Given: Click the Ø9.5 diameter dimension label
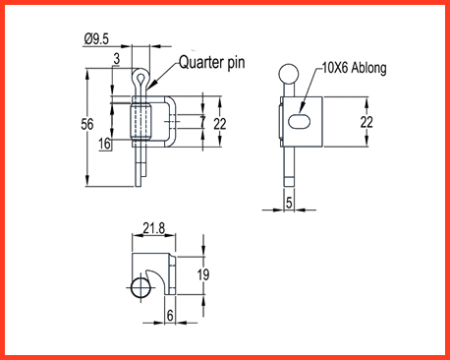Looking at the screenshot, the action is [x=96, y=39].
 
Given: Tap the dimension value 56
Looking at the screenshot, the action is [x=87, y=124].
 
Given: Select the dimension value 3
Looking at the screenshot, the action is [x=117, y=59].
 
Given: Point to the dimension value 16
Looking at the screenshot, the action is [x=105, y=144].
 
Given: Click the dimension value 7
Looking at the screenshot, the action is [x=202, y=122].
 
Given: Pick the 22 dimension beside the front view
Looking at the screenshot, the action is [x=220, y=124].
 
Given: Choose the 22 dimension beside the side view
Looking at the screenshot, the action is [x=366, y=122].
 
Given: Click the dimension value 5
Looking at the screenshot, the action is [x=289, y=203].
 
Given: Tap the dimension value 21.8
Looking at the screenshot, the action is [x=154, y=228].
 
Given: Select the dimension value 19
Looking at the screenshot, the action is [x=203, y=274].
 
